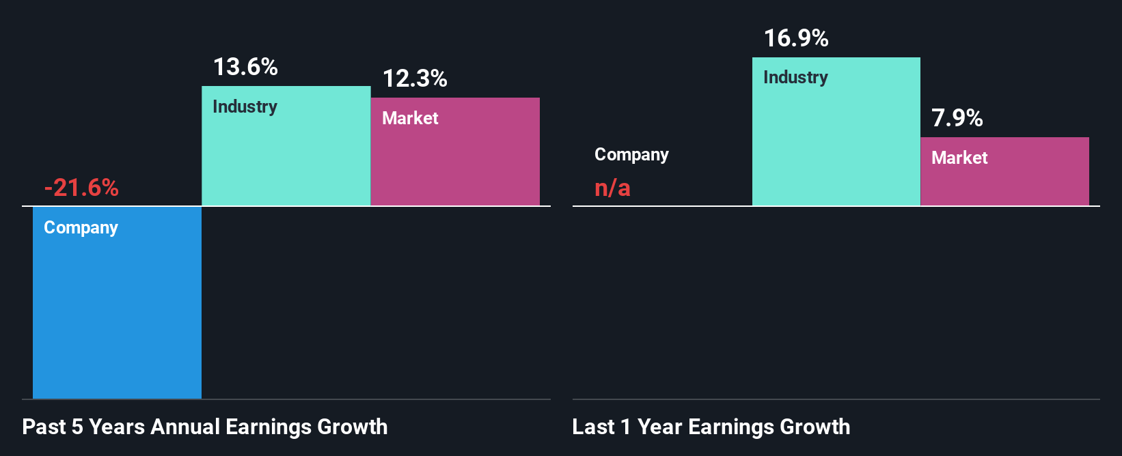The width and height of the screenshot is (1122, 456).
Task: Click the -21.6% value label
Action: [81, 188]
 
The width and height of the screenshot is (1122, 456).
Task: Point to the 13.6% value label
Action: [245, 67]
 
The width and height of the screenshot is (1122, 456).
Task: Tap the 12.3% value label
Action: [415, 79]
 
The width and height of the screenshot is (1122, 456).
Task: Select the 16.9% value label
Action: [796, 38]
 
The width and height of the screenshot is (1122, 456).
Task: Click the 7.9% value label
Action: [957, 118]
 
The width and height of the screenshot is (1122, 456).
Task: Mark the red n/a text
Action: [612, 188]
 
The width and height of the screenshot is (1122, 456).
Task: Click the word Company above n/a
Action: [631, 155]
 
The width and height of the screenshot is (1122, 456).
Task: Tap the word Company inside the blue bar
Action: [81, 227]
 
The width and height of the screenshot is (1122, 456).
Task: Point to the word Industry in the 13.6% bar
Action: [245, 106]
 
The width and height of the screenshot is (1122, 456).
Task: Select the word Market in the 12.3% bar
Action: [410, 118]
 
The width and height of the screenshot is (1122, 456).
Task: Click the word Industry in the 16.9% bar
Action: [795, 77]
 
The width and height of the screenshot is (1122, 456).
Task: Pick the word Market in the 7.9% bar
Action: [959, 158]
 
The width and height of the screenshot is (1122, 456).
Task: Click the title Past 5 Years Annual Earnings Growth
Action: [205, 427]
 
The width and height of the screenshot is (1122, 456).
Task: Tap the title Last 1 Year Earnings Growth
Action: [711, 427]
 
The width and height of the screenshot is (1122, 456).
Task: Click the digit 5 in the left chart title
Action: [77, 427]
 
